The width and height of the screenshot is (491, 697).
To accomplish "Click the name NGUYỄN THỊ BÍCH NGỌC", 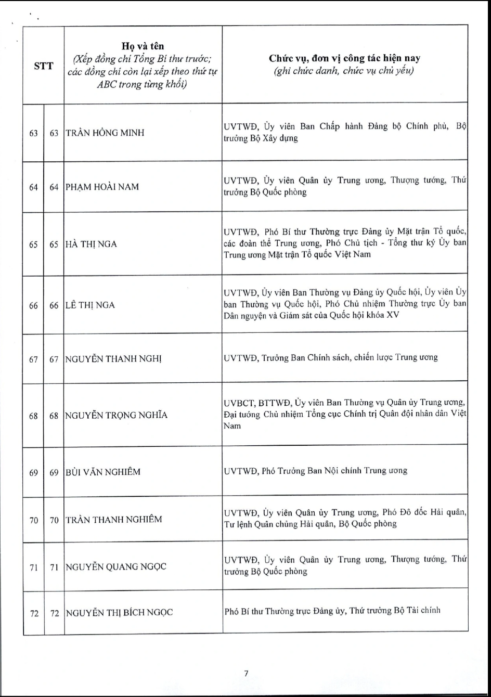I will pyautogui.click(x=119, y=612).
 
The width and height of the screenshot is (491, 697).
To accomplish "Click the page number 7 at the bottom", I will pyautogui.click(x=246, y=673).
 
